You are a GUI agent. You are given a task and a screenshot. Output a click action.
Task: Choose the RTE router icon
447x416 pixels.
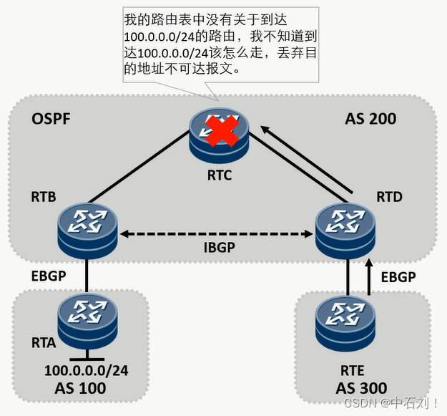pyautogui.click(x=346, y=319)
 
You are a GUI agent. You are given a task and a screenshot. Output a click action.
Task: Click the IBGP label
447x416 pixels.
pyautogui.click(x=218, y=248)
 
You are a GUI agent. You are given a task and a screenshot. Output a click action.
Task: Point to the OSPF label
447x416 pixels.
pyautogui.click(x=51, y=118)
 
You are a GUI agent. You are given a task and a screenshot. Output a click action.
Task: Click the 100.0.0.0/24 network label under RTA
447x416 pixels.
pyautogui.click(x=86, y=371)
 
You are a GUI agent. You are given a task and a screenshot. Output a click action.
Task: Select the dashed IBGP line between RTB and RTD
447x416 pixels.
pyautogui.click(x=218, y=233)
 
